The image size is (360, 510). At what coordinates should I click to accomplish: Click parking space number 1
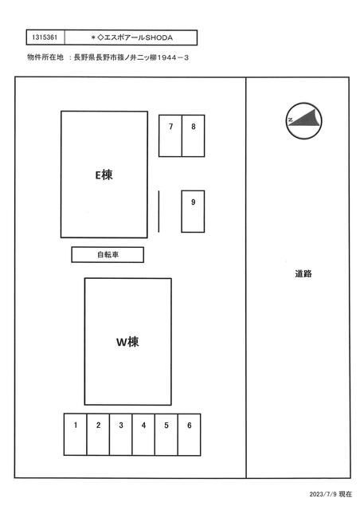point(75,434)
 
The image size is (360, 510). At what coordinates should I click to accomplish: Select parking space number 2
point(98,434)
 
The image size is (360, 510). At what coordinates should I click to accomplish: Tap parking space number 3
point(120,434)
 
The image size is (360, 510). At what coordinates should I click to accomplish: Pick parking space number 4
point(143,434)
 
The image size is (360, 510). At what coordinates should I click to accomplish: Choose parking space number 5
point(166,434)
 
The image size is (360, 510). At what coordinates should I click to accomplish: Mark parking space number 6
point(189,434)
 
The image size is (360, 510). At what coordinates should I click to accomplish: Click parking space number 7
point(170,135)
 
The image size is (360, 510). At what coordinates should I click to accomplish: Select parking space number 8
point(194,135)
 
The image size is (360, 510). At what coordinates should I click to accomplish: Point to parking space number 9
point(193,211)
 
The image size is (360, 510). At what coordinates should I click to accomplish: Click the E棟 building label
point(104,175)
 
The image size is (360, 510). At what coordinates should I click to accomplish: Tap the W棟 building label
point(127,342)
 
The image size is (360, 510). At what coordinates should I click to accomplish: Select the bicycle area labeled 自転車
point(108,255)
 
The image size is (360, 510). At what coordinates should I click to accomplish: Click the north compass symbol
point(303,121)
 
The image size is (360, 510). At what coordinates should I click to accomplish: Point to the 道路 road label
point(303,274)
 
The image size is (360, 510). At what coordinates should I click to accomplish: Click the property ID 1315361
point(45,37)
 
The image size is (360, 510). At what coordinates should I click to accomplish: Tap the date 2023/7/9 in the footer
point(323,494)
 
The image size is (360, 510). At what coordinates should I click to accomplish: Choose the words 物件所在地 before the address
point(45,57)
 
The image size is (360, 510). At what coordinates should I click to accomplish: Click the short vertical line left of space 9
point(158,211)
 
